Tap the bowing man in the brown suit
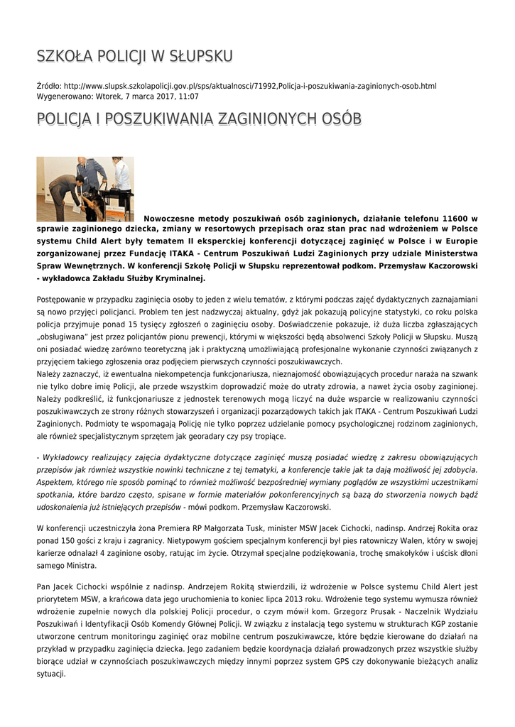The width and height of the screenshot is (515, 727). tap(66, 190)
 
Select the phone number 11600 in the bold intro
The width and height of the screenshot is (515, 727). tap(459, 219)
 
